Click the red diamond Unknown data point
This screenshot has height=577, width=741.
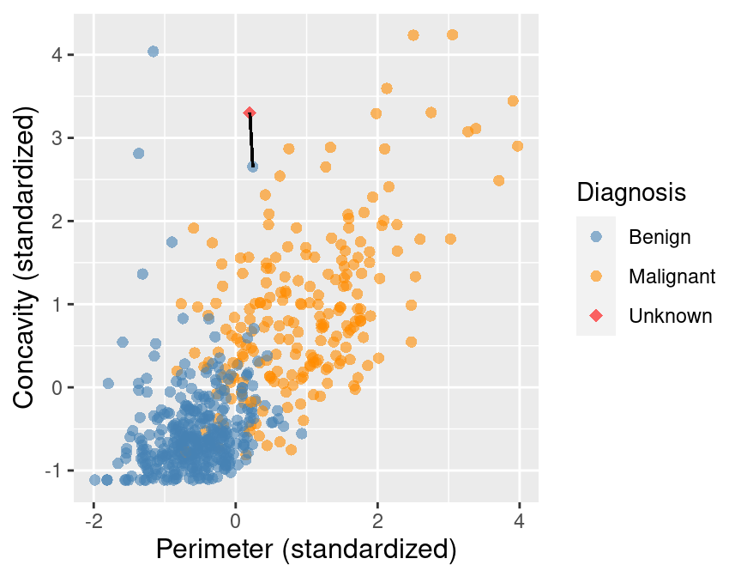point(250,112)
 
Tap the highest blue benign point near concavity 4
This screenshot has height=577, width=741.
point(153,52)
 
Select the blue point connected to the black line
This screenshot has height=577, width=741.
point(252,167)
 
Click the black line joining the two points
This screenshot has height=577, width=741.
point(250,140)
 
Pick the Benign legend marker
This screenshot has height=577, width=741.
point(596,234)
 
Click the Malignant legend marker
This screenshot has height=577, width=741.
point(596,276)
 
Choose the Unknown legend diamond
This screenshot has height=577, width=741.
point(596,316)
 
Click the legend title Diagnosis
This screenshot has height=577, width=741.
point(631,192)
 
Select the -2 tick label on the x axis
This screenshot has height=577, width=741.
point(93,519)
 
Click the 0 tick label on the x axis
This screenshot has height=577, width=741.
point(236,519)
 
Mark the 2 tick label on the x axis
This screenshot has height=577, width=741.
point(377,519)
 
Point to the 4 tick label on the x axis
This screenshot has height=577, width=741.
point(519,519)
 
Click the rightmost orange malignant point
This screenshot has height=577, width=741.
point(517,146)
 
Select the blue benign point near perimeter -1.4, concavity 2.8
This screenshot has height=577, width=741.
point(138,153)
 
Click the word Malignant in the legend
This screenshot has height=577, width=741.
point(672,276)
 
